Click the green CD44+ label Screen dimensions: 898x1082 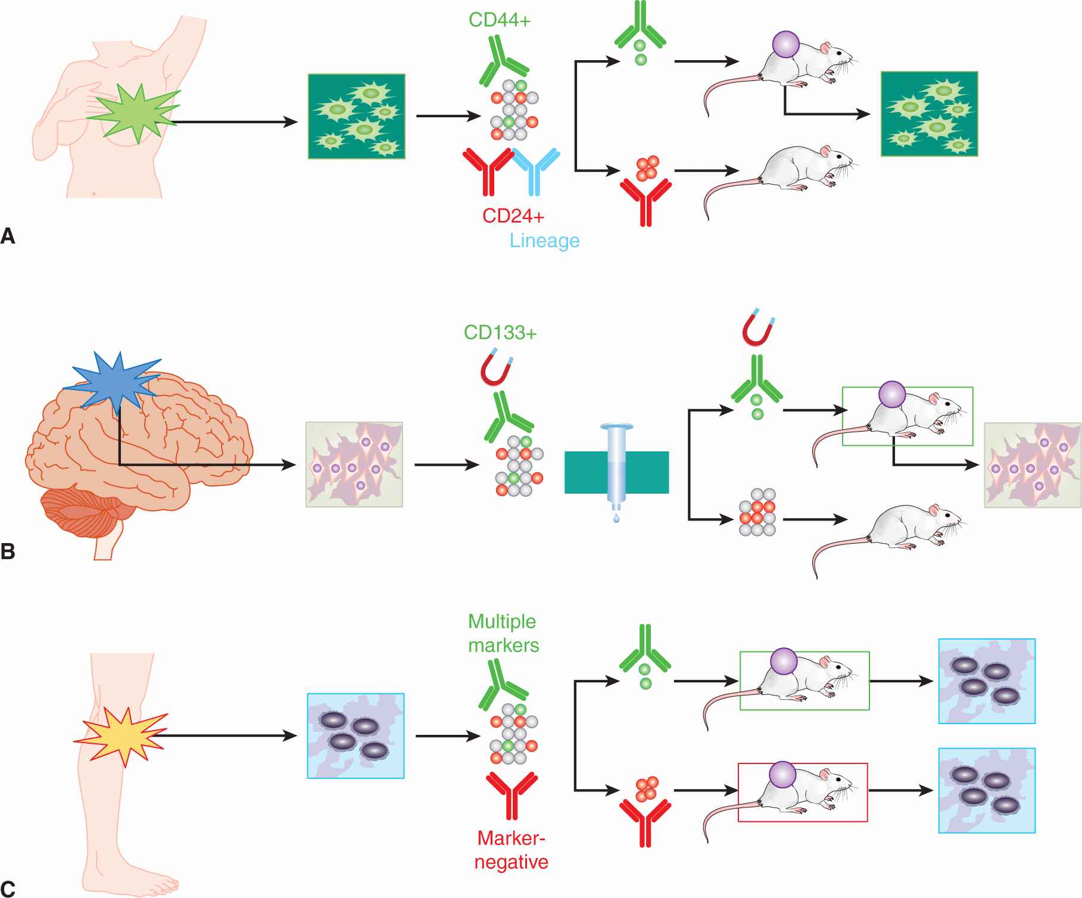coord(499,20)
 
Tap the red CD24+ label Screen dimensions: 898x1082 coord(513,215)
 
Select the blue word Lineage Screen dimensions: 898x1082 coord(544,241)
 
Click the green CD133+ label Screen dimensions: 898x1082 coord(500,332)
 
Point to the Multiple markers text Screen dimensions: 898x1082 coord(503,633)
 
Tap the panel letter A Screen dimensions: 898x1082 coord(8,236)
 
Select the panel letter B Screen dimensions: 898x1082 coord(8,551)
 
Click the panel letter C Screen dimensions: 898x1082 coord(8,889)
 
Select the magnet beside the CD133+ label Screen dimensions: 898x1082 coord(496,370)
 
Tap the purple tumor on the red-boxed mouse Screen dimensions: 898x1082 coord(782,775)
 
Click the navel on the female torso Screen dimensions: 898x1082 coord(94,193)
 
